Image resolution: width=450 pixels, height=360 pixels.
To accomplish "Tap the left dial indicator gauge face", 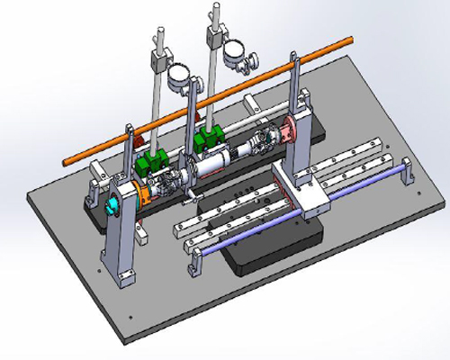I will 178,75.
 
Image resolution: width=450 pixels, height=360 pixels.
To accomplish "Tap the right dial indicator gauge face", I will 236,51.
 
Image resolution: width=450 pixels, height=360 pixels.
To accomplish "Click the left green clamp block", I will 151,165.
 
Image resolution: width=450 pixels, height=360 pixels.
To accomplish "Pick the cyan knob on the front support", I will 113,207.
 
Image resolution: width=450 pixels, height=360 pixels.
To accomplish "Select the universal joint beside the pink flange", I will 265,141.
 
